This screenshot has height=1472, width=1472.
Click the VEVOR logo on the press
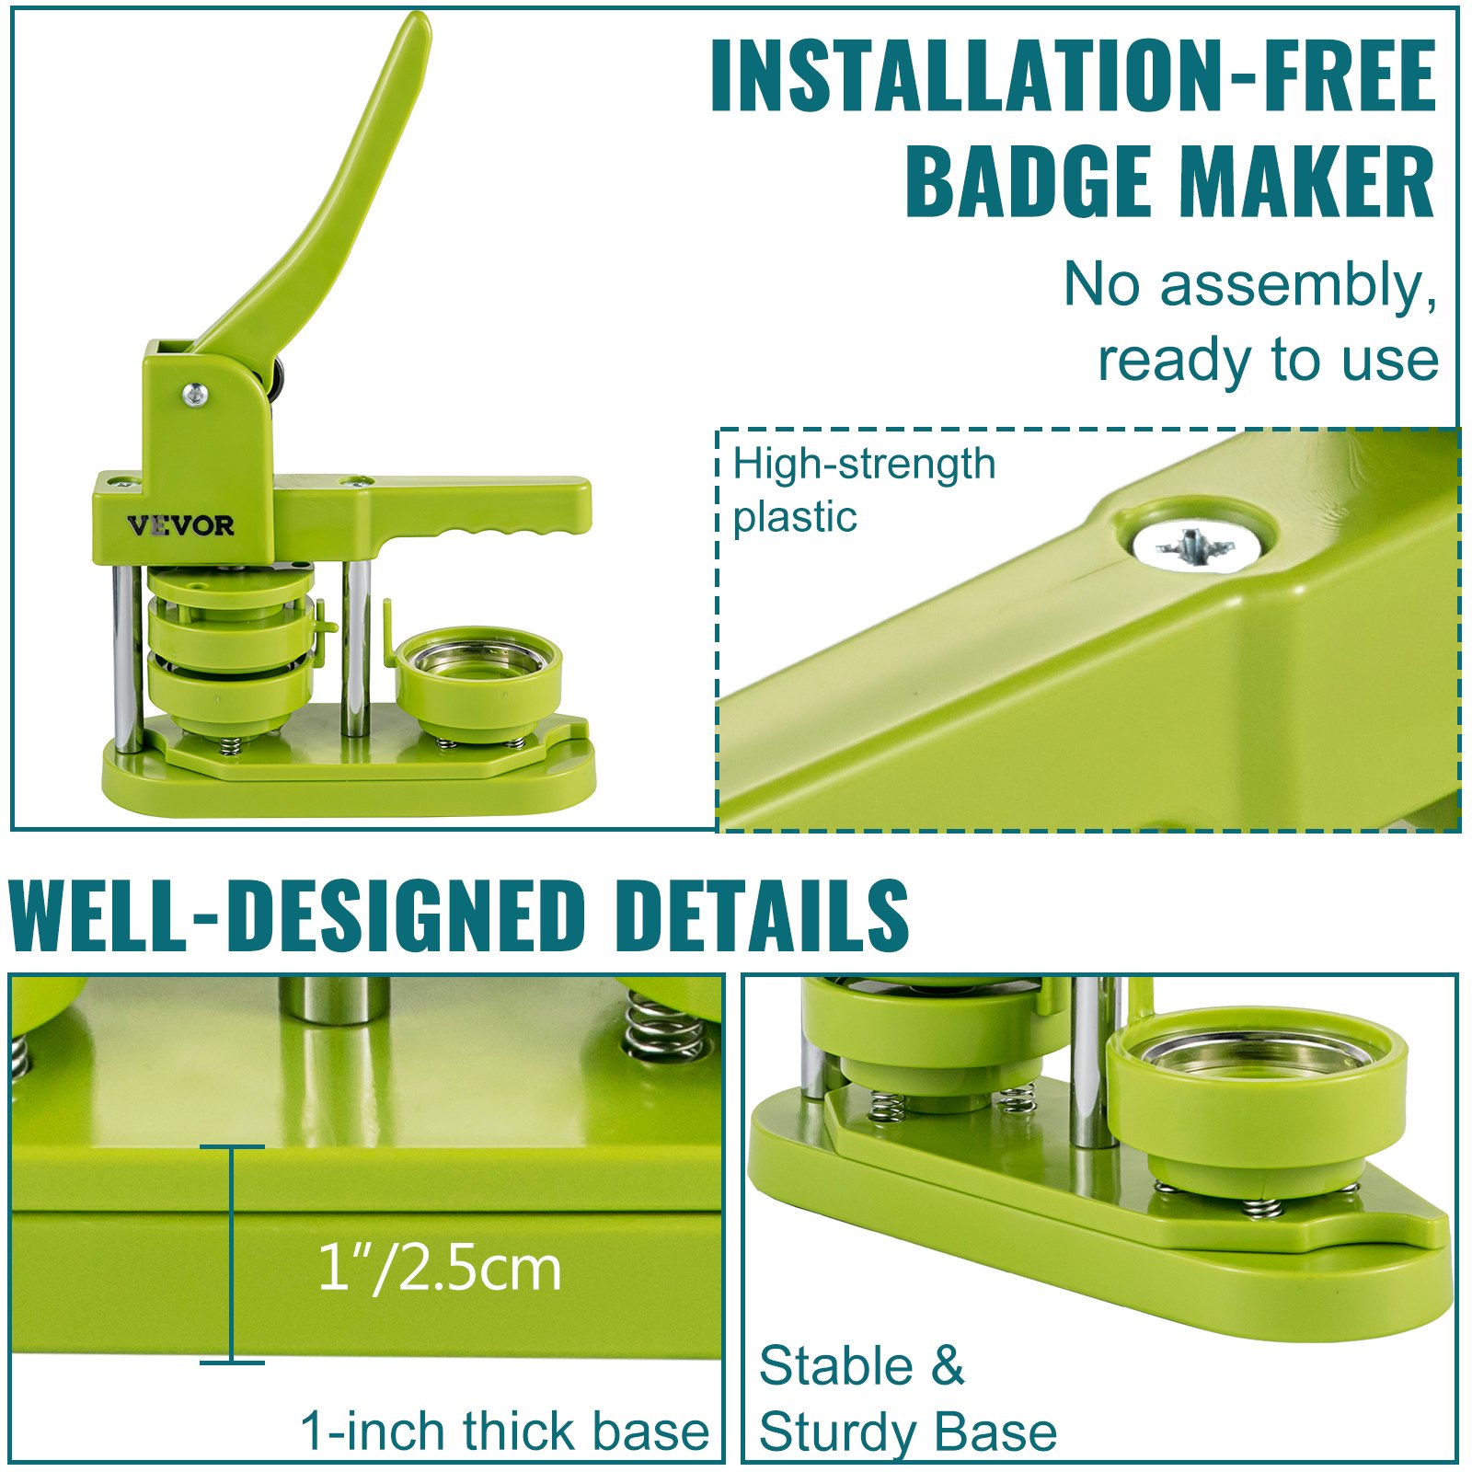tap(180, 525)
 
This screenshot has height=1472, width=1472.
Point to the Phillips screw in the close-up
tap(1195, 546)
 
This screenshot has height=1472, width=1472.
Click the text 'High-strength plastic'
tap(864, 489)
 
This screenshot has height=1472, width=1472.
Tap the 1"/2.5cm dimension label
tap(439, 1269)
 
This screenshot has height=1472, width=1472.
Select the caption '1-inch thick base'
tap(505, 1432)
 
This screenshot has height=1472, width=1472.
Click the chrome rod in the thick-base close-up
tap(335, 999)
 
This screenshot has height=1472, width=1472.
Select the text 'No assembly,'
tap(1250, 285)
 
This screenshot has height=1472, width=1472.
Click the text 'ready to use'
tap(1268, 360)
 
